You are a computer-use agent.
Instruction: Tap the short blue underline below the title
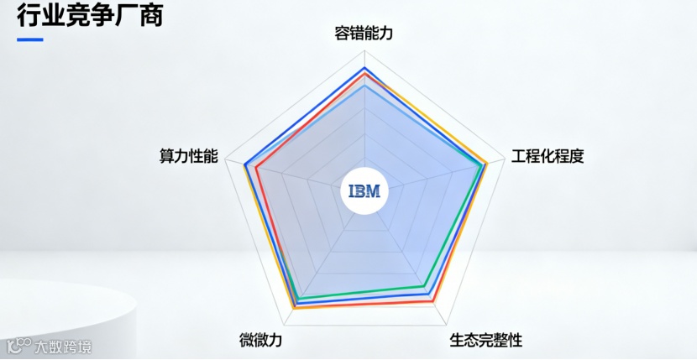[30, 39]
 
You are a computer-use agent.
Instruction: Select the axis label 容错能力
[364, 34]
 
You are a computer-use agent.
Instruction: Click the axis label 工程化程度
[548, 156]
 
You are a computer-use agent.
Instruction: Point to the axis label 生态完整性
[486, 340]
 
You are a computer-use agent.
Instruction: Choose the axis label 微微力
[260, 340]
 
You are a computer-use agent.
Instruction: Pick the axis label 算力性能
[189, 156]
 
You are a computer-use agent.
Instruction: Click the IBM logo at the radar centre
[364, 191]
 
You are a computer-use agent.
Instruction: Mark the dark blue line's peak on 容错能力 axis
[364, 68]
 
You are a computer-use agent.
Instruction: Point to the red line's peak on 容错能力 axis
[364, 74]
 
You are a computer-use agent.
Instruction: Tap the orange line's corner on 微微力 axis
[293, 309]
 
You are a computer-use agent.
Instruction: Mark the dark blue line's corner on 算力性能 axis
[244, 164]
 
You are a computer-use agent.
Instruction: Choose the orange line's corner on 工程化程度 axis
[488, 162]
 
